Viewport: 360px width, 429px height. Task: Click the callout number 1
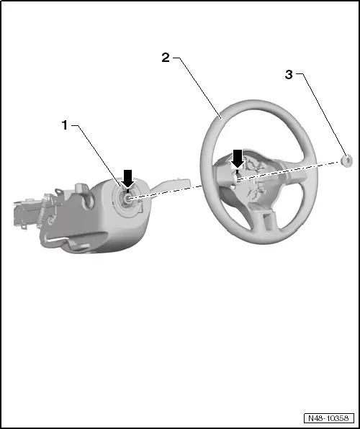64,125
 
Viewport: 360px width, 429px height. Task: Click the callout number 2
166,58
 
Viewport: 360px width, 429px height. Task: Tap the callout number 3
289,74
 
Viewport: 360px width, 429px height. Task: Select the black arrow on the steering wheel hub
238,157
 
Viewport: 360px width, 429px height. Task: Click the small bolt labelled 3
346,159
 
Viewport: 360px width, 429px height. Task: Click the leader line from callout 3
322,115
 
